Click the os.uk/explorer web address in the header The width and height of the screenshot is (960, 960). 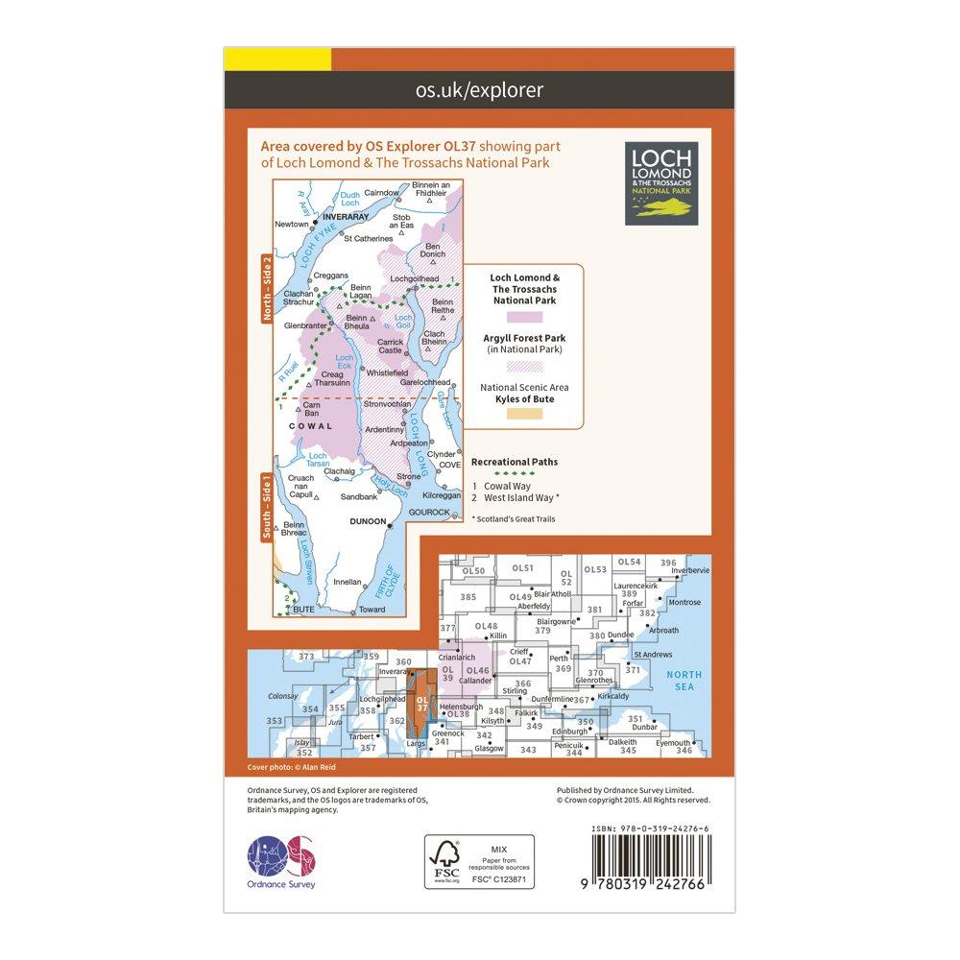pos(479,90)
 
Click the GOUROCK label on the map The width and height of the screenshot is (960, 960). pos(428,512)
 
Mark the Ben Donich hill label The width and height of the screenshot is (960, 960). pos(435,250)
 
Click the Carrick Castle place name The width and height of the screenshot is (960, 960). pos(391,347)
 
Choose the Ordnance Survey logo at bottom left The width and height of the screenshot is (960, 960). pos(281,860)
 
